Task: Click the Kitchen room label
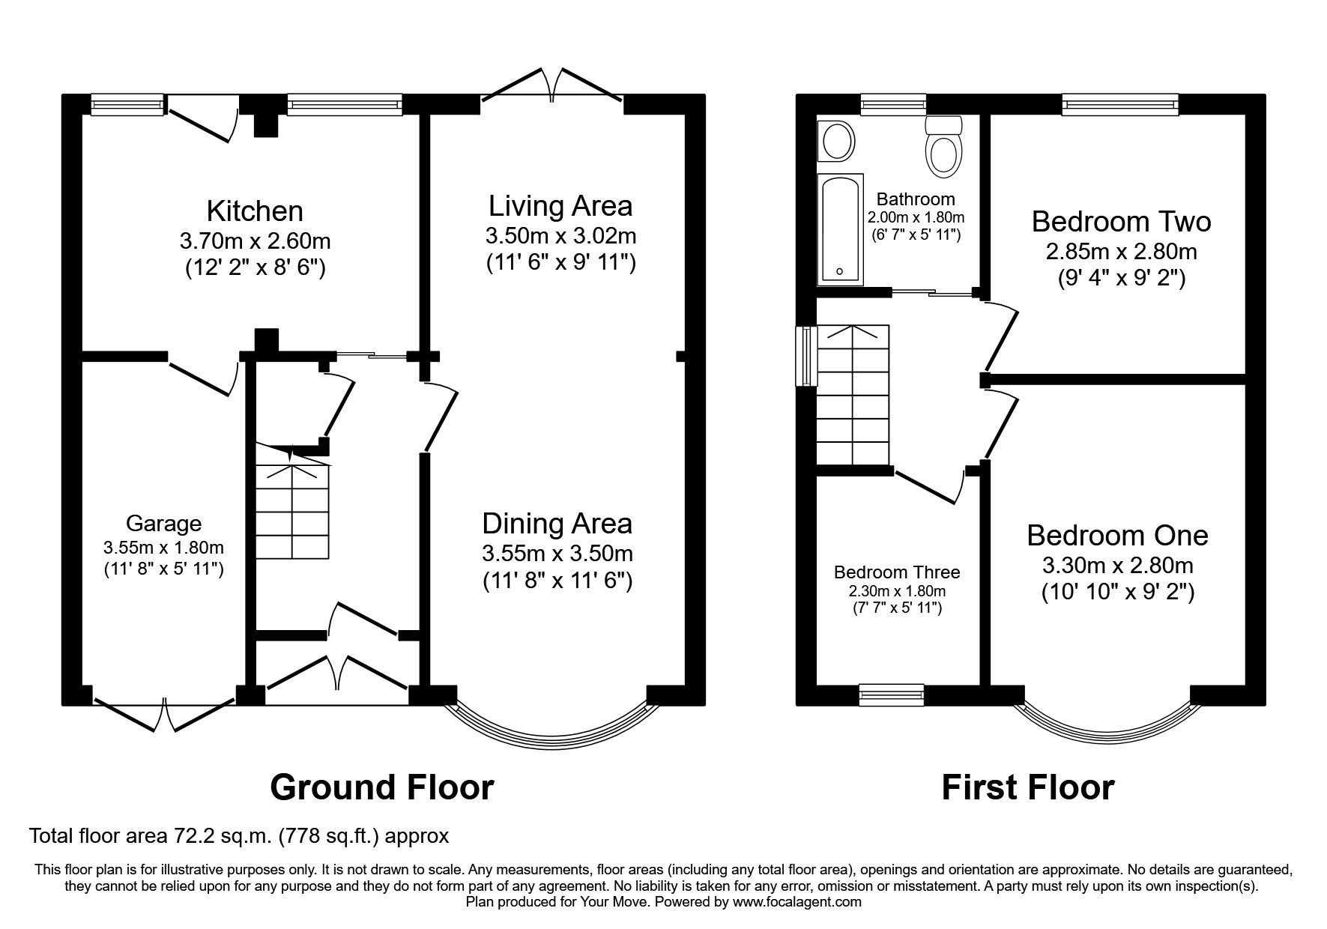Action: coord(255,211)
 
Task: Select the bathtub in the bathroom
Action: coord(840,229)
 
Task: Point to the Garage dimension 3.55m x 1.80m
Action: coord(163,547)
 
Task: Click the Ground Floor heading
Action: coord(381,787)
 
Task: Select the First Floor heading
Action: coord(1027,787)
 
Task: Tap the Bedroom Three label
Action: coord(897,572)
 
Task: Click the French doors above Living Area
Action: coord(552,86)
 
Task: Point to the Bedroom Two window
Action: coord(1120,104)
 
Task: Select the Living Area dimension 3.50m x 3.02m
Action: coord(560,236)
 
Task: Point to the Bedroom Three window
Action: coord(891,695)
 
